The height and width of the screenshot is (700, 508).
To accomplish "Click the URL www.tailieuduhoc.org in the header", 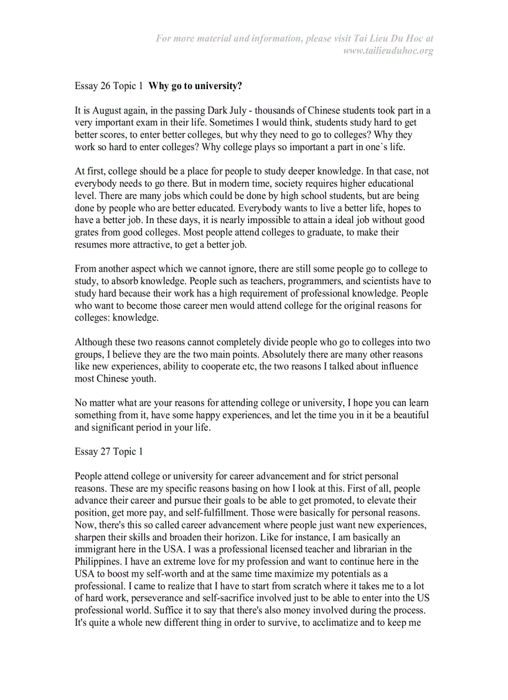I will [x=388, y=50].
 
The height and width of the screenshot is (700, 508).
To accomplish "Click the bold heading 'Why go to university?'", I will [x=195, y=85].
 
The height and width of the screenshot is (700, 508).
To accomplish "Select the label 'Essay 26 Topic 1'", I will [x=109, y=85].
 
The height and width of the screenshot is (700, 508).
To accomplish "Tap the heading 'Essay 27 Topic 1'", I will [x=109, y=451].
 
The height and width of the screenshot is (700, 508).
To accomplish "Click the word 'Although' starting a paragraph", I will [x=93, y=342].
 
